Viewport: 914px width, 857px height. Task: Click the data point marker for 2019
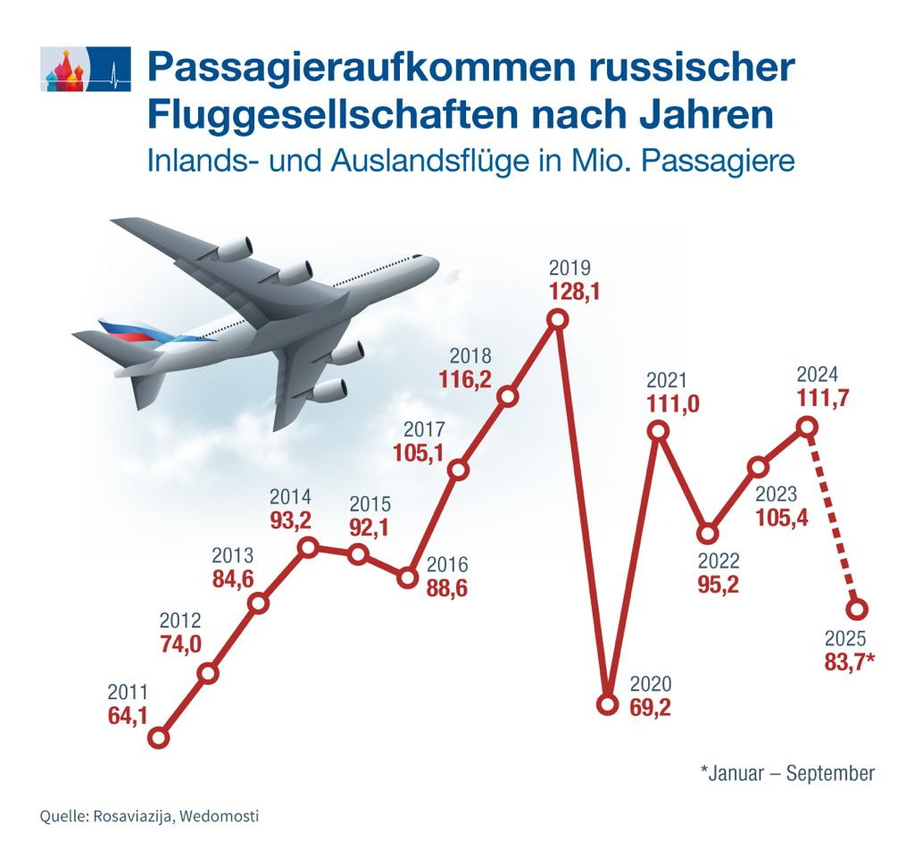tap(558, 320)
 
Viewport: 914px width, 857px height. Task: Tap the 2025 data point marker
tap(857, 610)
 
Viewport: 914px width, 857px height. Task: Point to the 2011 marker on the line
tap(159, 738)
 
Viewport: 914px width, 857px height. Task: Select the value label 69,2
tap(651, 709)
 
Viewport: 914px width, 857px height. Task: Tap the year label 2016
tap(446, 565)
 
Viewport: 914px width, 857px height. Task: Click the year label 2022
tap(719, 562)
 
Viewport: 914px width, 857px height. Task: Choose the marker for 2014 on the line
tap(309, 548)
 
